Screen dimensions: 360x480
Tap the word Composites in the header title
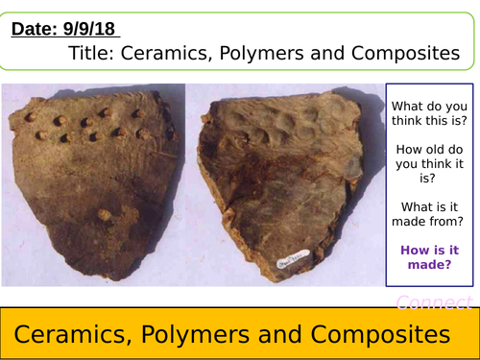pyautogui.click(x=400, y=55)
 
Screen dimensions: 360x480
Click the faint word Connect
pyautogui.click(x=435, y=302)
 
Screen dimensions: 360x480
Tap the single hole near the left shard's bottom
pyautogui.click(x=103, y=212)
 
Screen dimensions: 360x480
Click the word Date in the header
pyautogui.click(x=32, y=30)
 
